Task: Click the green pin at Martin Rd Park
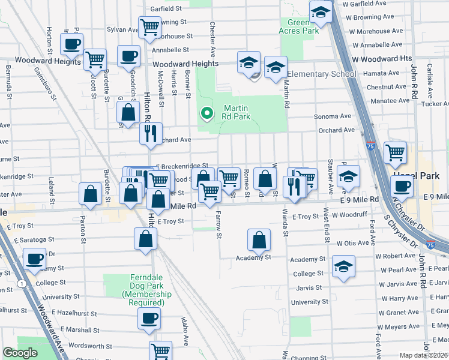point(207,113)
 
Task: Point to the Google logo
point(20,353)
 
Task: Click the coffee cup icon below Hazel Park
point(402,186)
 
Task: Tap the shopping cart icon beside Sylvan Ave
point(149,27)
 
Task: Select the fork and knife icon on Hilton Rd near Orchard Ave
point(151,133)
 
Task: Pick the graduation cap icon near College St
point(343,266)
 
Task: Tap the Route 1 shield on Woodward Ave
point(22,283)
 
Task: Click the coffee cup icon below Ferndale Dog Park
point(149,318)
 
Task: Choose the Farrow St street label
point(219,227)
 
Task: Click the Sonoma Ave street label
point(337,116)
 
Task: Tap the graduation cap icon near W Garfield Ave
point(321,12)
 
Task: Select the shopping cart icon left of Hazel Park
point(395,152)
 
